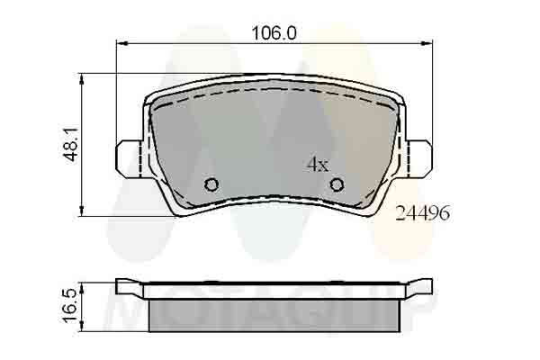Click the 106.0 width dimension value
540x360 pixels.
point(274,33)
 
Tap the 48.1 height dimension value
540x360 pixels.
point(72,144)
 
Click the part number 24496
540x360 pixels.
point(423,213)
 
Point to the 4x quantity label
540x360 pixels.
point(318,165)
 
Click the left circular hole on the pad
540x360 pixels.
point(211,185)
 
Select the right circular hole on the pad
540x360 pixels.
point(337,185)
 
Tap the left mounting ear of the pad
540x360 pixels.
point(129,158)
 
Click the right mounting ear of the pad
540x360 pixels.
point(418,158)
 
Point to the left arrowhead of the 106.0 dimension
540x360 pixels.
point(121,43)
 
